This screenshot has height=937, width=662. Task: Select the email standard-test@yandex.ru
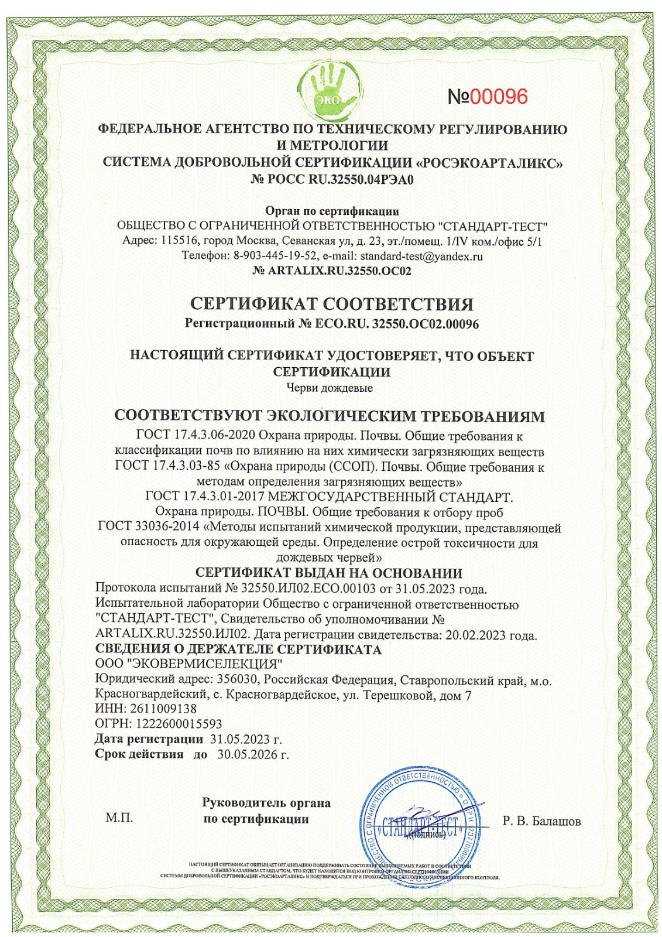coord(421,256)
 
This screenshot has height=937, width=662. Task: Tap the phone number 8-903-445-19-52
coord(275,256)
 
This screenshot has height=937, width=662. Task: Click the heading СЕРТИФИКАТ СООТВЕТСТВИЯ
coord(331,305)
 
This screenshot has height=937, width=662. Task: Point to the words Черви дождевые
coord(330,387)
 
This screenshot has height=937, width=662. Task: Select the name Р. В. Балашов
coord(541,822)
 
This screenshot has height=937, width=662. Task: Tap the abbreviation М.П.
coord(119,818)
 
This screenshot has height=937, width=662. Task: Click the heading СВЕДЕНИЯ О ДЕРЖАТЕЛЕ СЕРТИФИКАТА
coord(238,649)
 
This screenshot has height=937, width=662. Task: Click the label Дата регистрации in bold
coord(149,739)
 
